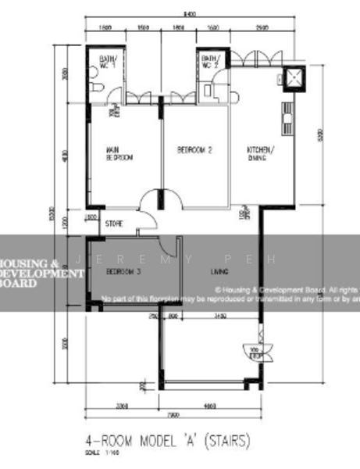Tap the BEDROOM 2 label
click(194, 149)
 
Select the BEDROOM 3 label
click(123, 271)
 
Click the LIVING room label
click(219, 271)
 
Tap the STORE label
click(114, 224)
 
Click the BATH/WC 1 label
click(107, 62)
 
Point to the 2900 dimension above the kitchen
click(262, 27)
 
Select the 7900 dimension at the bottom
click(173, 415)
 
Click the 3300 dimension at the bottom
click(122, 406)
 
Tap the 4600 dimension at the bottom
click(209, 406)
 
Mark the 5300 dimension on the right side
click(319, 134)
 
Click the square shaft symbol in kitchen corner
click(294, 77)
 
